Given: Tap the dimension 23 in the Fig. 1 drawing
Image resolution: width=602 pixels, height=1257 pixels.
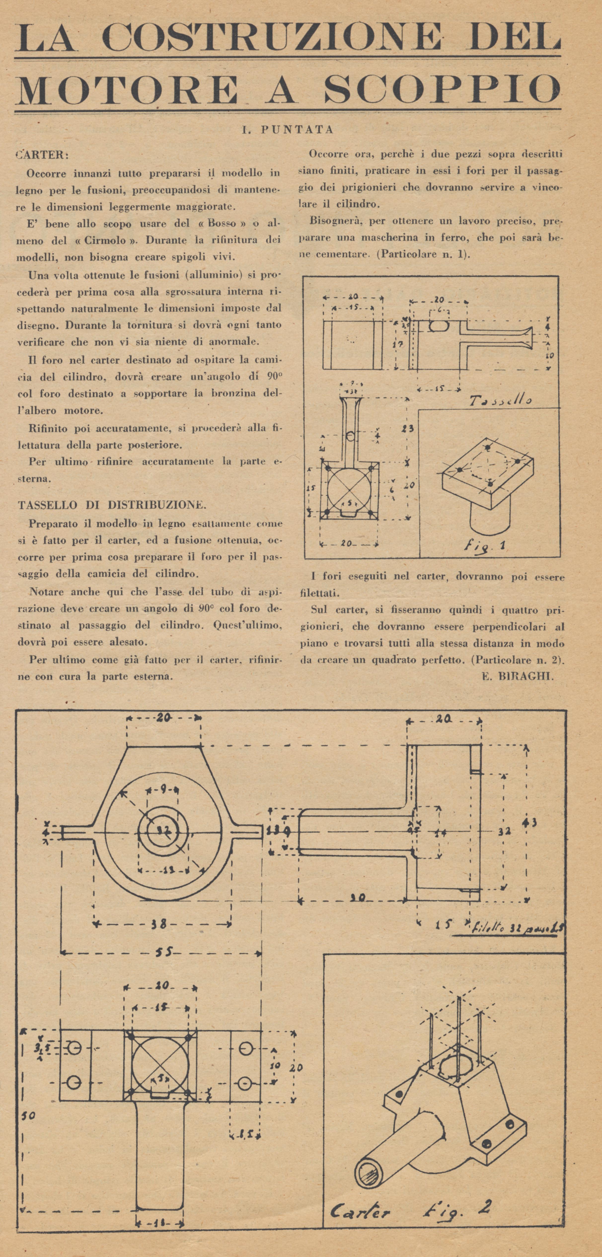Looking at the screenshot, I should click(x=408, y=429).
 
